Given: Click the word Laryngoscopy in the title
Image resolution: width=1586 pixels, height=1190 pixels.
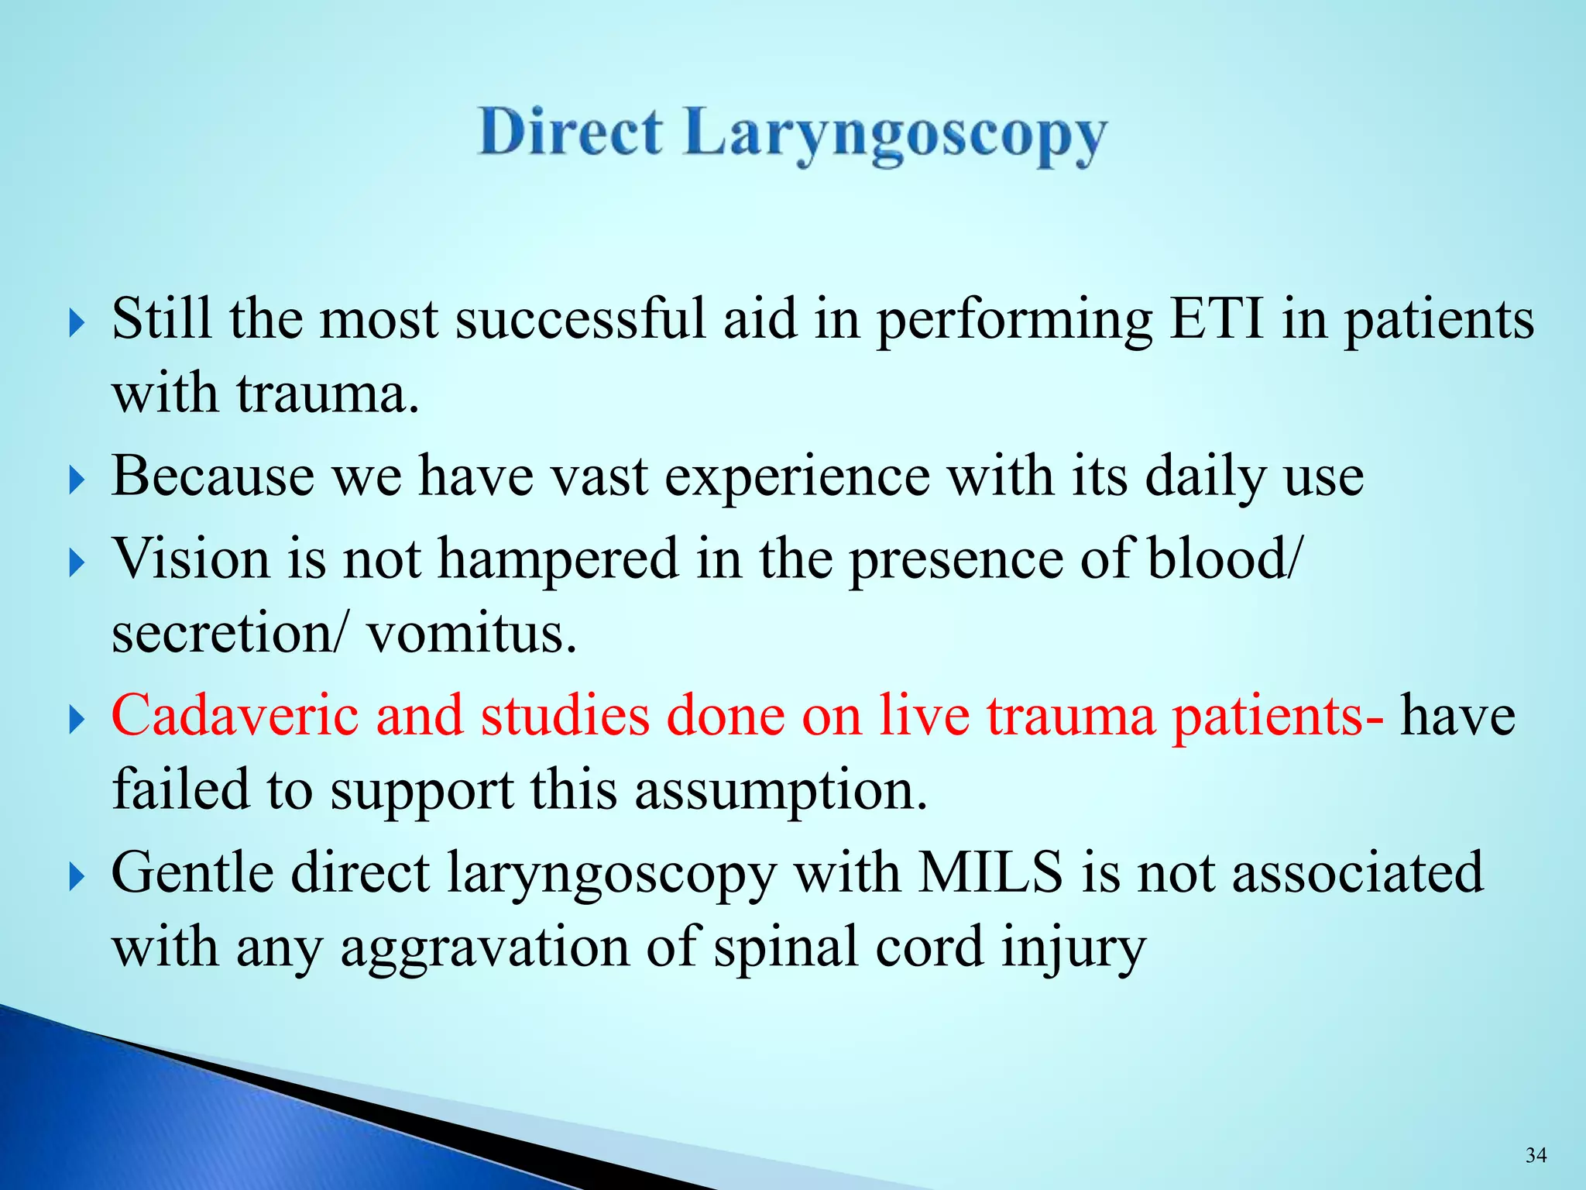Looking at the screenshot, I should coord(895,136).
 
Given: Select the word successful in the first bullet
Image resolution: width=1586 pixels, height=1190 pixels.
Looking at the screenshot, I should coord(580,318).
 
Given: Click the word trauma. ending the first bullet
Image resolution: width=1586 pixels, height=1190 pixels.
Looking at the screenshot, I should coord(328,394).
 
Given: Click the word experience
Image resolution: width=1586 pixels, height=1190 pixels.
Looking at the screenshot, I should coord(798,477).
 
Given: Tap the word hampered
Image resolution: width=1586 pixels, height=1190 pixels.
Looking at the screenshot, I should coord(558,559).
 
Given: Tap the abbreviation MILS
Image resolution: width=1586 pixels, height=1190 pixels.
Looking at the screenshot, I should coord(990,872).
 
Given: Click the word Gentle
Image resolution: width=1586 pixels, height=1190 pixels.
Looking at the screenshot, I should coord(193,873).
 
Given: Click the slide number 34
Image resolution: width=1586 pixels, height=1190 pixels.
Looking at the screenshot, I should coord(1536,1155).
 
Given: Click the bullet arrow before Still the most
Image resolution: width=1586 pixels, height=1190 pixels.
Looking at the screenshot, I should coord(76,322).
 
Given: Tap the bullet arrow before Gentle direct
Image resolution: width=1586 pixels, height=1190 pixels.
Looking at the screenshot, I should coord(76,877).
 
